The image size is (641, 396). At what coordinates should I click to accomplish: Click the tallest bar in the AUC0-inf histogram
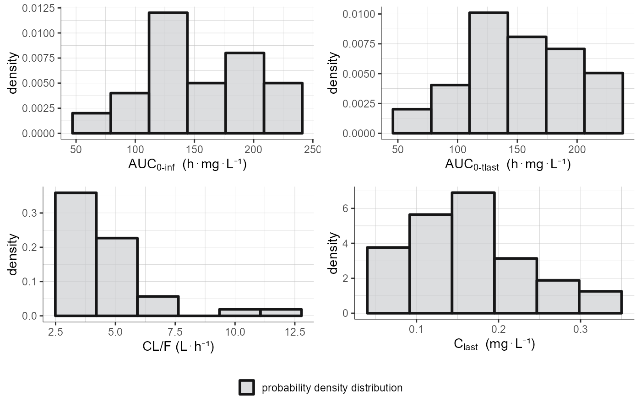[x=168, y=73]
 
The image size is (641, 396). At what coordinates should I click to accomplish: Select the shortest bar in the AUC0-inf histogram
[x=91, y=123]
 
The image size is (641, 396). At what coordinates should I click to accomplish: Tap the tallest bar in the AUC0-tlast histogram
[x=489, y=73]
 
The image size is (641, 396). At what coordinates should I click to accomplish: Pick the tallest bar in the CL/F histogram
[x=76, y=254]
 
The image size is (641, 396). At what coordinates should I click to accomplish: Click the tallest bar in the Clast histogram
[x=473, y=254]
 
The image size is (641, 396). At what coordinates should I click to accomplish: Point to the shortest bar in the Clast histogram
[x=600, y=303]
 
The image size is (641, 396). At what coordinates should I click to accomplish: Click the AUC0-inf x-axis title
[x=188, y=165]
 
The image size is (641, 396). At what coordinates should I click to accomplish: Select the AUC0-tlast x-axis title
[x=507, y=165]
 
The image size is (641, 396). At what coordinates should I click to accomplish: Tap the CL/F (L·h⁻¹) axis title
[x=179, y=347]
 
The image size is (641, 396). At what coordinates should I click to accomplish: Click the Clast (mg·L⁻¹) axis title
[x=494, y=344]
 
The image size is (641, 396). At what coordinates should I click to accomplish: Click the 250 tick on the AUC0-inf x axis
[x=312, y=150]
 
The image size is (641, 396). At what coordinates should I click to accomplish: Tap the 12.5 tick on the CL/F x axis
[x=294, y=332]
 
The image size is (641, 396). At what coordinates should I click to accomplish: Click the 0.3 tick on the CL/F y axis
[x=31, y=213]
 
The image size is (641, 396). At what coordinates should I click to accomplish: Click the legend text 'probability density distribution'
[x=331, y=388]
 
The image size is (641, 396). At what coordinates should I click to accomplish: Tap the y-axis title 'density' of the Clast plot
[x=334, y=254]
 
